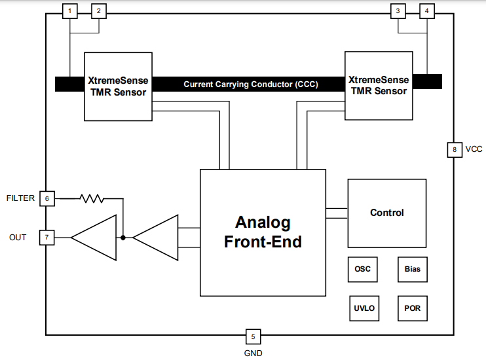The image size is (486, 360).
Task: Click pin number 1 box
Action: tap(69, 10)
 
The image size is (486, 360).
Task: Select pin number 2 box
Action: tap(99, 10)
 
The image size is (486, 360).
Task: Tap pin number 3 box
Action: tap(398, 10)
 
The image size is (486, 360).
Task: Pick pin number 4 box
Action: tap(427, 10)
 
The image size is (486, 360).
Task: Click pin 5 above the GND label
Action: tap(253, 337)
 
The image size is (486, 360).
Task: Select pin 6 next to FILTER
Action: tap(47, 198)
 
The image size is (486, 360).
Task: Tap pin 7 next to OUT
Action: tap(47, 237)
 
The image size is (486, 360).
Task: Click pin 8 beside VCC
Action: tap(454, 149)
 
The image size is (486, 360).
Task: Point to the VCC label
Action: tap(474, 149)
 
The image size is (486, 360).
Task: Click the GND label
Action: tap(253, 353)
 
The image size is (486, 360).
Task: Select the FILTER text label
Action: tap(20, 198)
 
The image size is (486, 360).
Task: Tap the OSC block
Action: tap(362, 269)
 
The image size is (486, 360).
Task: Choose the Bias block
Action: tap(413, 269)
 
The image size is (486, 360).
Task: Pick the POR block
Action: tap(413, 308)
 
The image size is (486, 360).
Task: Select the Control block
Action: tap(386, 212)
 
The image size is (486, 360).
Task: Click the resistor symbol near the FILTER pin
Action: tap(92, 197)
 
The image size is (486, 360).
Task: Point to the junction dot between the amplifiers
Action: tap(122, 238)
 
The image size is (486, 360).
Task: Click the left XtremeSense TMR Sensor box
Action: tap(118, 86)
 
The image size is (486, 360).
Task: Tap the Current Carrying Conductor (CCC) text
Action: tap(250, 84)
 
